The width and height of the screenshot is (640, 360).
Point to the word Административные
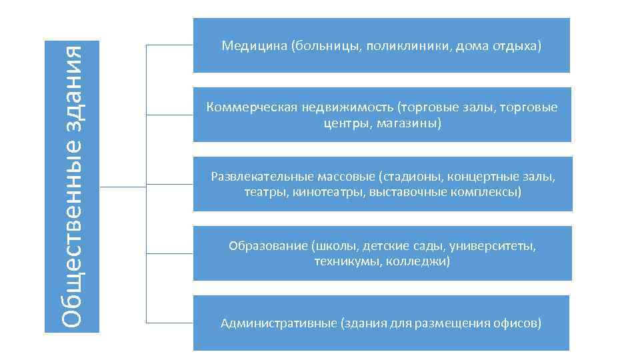pos(278,324)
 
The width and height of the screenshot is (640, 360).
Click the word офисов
pos(519,324)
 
